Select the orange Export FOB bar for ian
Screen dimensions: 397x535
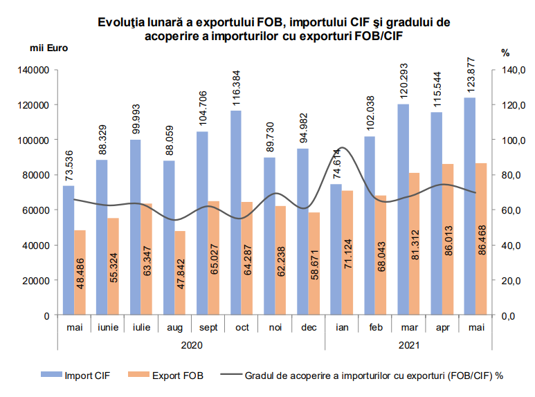click(347, 252)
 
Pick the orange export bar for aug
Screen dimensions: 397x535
click(180, 273)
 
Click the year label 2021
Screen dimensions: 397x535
click(409, 343)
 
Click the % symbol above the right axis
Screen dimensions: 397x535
click(505, 52)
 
